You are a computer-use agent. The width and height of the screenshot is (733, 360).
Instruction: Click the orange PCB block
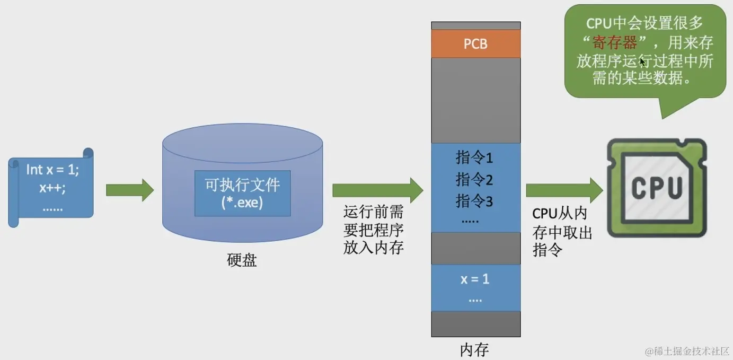pos(475,43)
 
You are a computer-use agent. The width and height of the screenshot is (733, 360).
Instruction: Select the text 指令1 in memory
pos(474,157)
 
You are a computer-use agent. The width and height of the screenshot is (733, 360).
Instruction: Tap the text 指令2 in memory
pos(474,180)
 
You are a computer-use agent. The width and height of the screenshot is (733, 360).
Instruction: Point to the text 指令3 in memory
pos(474,201)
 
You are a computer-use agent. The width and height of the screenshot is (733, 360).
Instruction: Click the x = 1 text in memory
pos(475,279)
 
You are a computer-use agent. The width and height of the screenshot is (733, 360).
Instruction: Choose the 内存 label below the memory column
pos(474,350)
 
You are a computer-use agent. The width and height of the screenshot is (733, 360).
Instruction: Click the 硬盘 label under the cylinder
pos(242,261)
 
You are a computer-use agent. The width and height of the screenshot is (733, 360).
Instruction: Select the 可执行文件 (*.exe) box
pos(242,193)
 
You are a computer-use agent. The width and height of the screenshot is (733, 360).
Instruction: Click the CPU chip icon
pos(656,187)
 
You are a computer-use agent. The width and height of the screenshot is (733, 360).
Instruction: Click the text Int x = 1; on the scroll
pos(52,170)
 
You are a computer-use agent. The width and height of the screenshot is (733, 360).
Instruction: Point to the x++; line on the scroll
pos(52,188)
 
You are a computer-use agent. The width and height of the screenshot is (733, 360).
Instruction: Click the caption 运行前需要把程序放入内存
pos(373,230)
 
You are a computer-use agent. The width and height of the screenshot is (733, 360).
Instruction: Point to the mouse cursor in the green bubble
pos(642,62)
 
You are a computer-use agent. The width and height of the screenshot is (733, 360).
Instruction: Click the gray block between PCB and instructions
pos(475,100)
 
